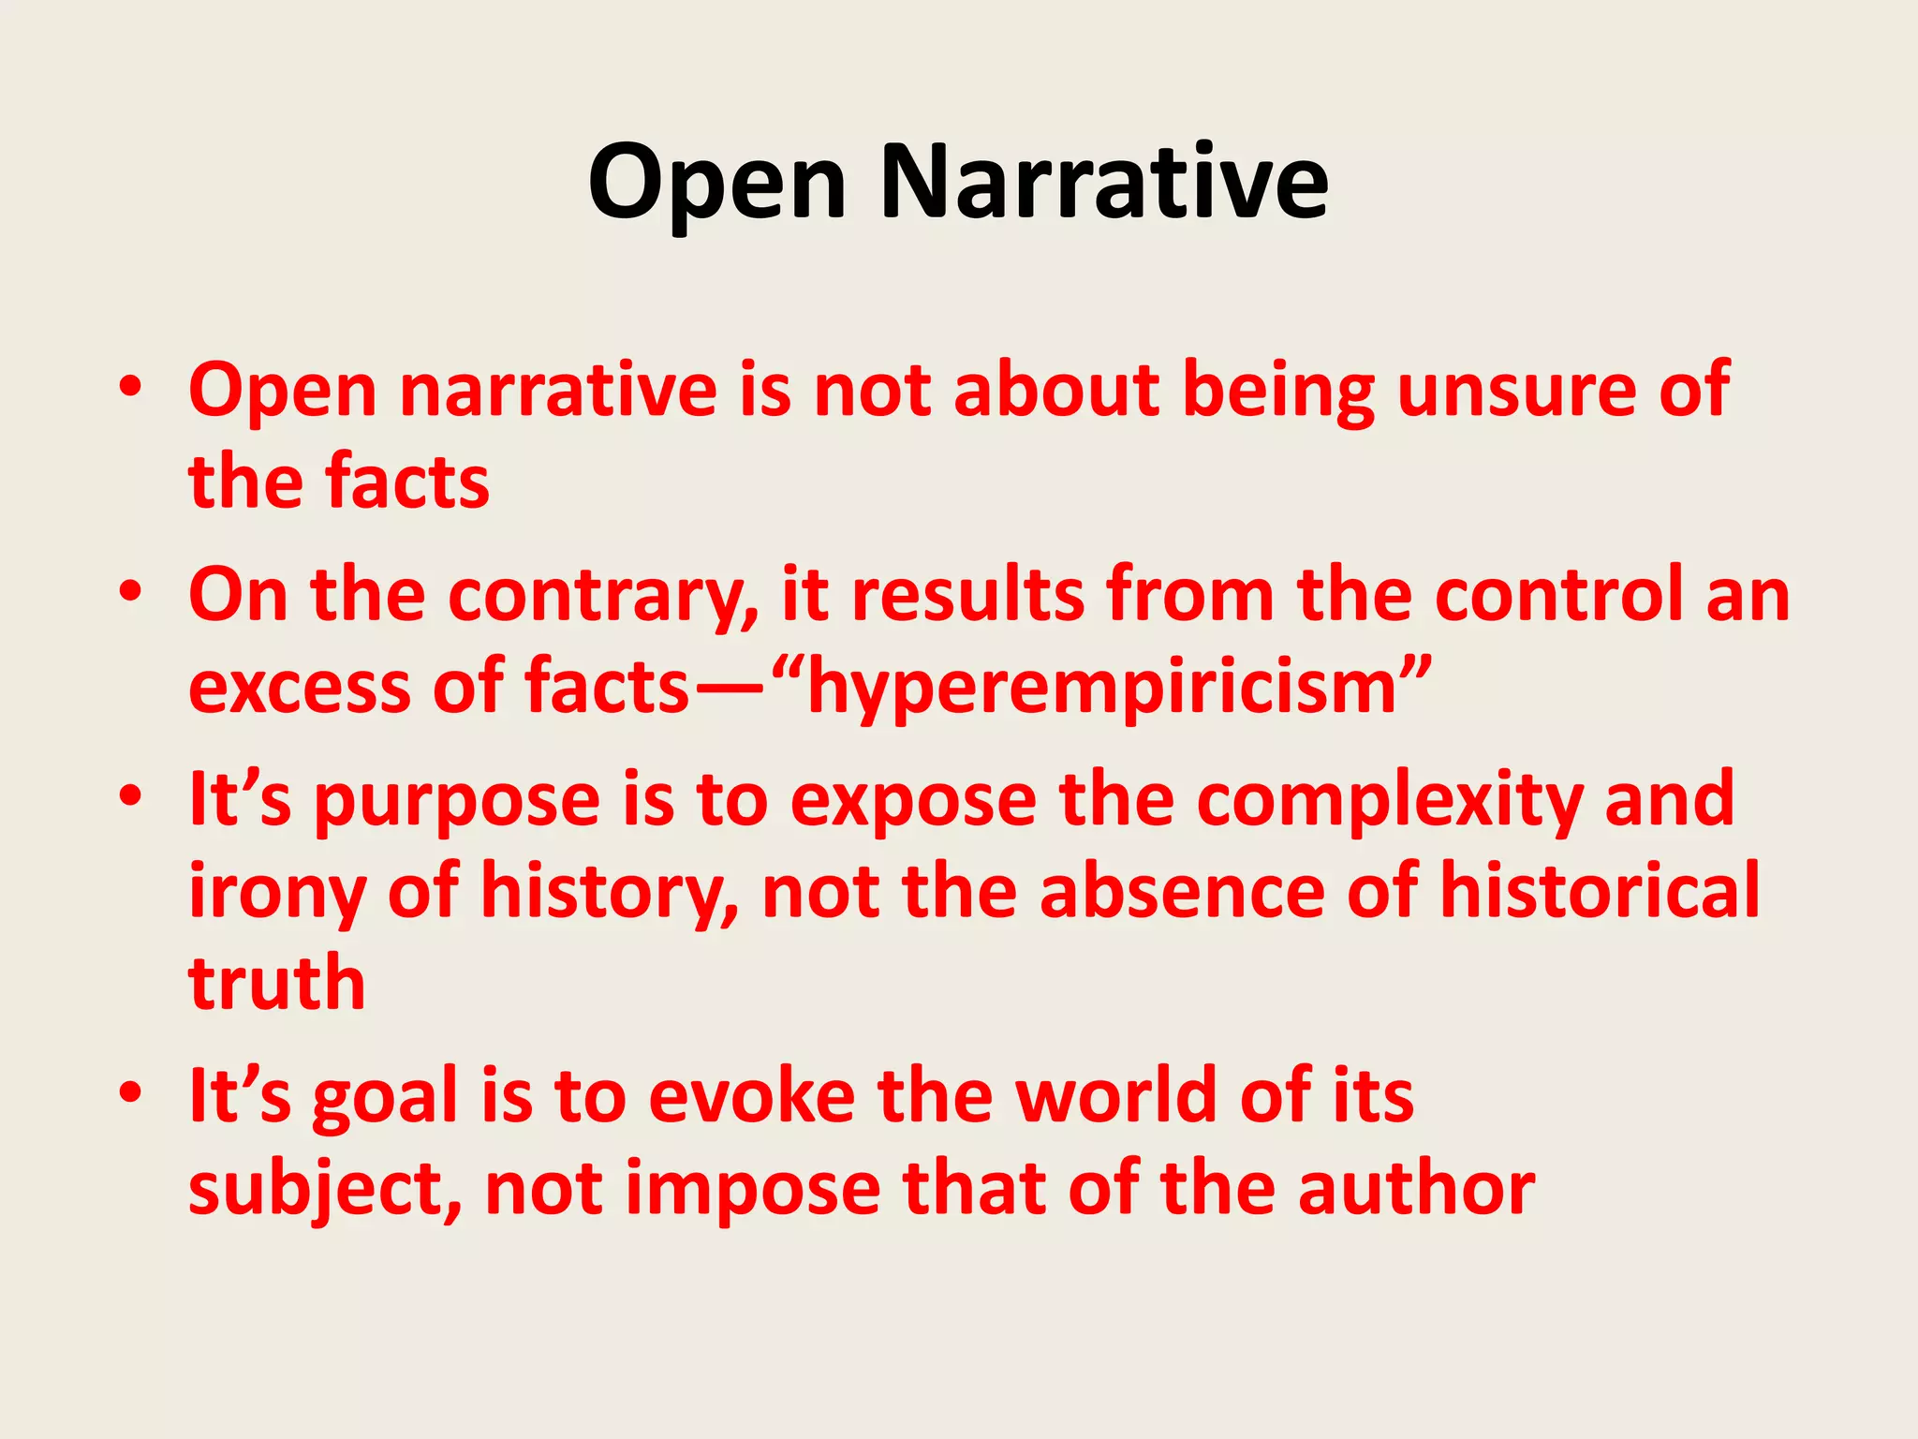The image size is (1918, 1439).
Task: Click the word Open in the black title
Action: (x=717, y=183)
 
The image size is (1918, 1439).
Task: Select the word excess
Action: (x=299, y=688)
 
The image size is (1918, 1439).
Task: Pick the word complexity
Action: (x=1391, y=800)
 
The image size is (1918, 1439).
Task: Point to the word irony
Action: (x=276, y=892)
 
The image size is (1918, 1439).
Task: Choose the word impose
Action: (x=752, y=1190)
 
